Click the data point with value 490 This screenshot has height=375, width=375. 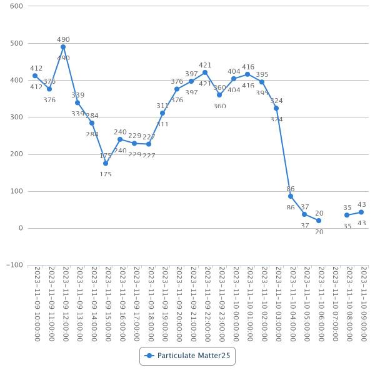tap(63, 47)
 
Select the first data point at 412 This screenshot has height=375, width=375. tap(35, 76)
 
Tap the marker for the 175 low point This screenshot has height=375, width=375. tap(106, 163)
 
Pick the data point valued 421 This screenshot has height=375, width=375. tap(205, 72)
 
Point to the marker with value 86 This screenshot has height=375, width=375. tap(291, 196)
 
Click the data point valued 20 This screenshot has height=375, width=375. tap(319, 221)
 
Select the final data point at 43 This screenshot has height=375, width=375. tap(361, 212)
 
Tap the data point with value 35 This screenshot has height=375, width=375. tap(347, 215)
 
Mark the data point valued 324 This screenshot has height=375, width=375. tap(276, 108)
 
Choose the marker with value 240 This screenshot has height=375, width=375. tap(120, 139)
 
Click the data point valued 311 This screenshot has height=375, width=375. tap(162, 113)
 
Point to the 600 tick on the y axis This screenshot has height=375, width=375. tap(16, 6)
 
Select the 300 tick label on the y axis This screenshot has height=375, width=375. tap(16, 117)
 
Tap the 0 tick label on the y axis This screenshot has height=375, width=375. tap(21, 228)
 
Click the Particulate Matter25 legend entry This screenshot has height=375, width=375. tap(187, 356)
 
